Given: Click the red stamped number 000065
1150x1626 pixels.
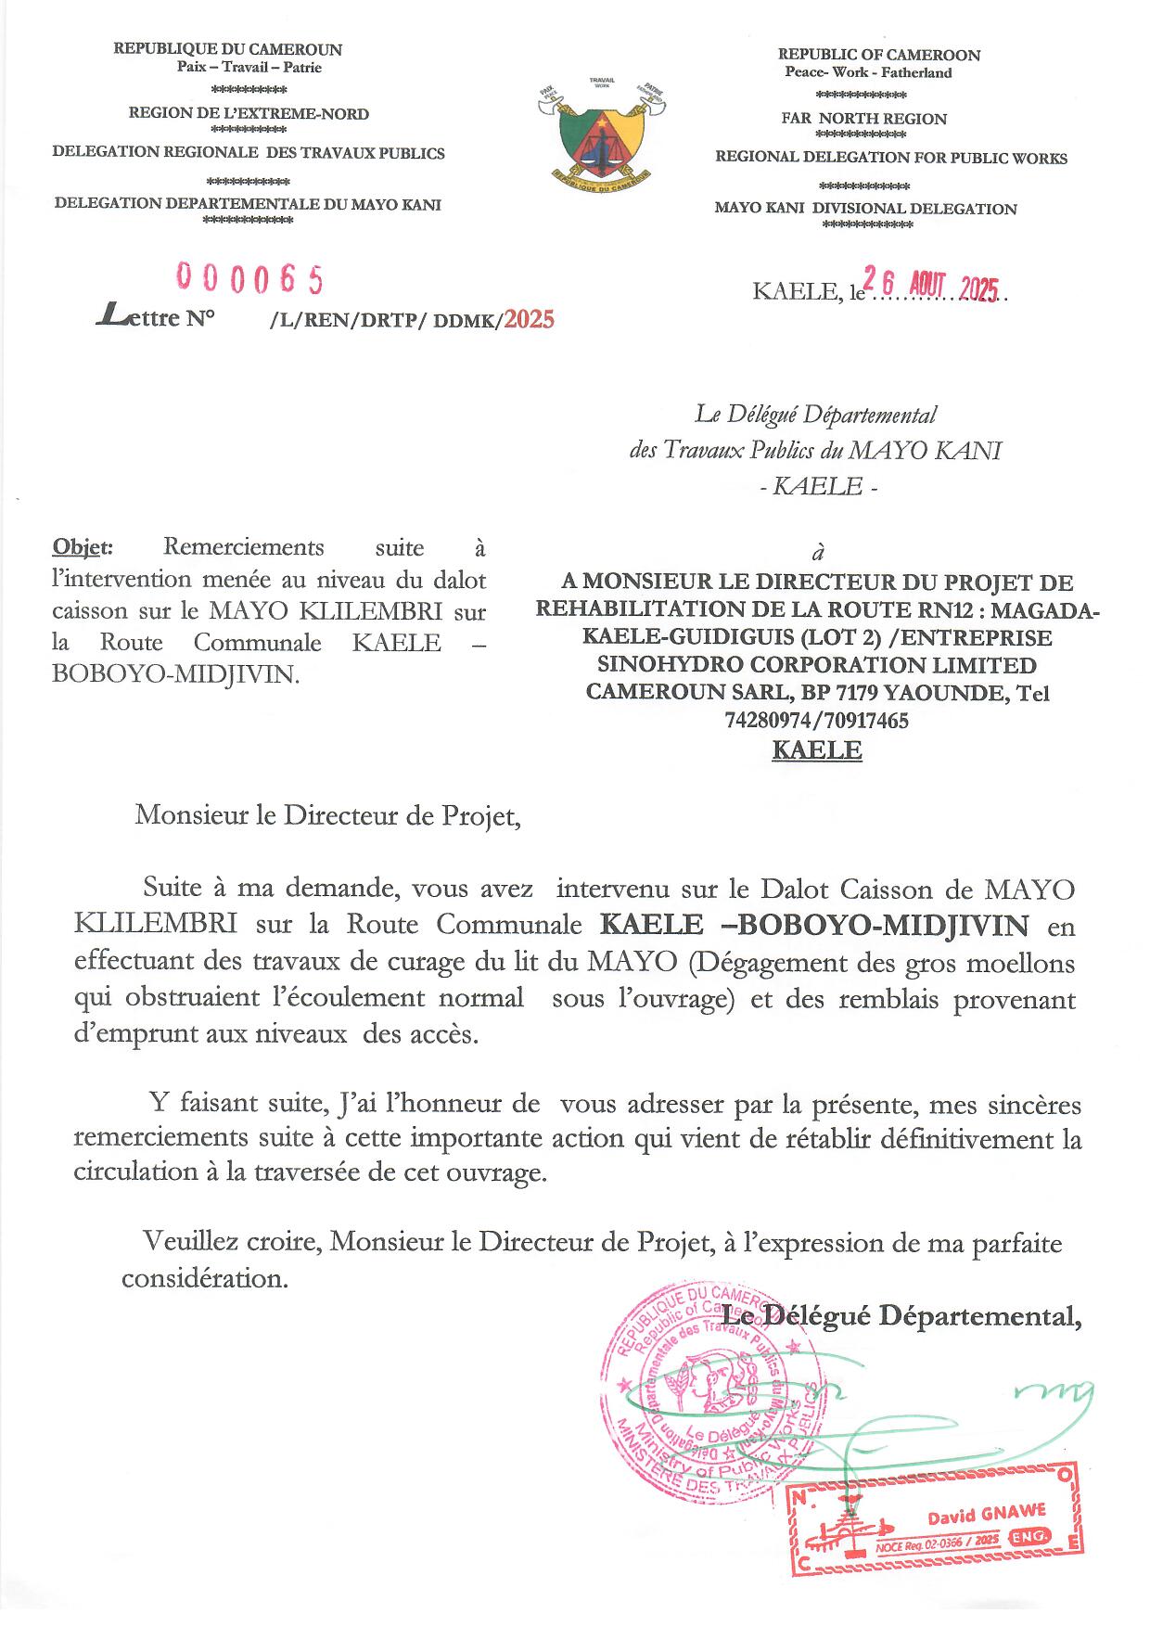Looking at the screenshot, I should pos(249,277).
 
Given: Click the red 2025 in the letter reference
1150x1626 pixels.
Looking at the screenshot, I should pos(529,319).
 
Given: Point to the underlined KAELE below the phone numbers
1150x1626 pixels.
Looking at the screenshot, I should pos(816,750).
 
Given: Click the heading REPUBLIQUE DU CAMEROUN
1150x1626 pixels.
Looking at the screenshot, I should pos(227,49).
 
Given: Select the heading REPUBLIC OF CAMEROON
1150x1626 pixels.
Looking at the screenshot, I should pos(878,55).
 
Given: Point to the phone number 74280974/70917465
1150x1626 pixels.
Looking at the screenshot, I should pos(809,720).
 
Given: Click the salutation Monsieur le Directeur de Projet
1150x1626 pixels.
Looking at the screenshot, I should pos(323,816).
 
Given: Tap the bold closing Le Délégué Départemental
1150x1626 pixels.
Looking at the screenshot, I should pos(901,1315).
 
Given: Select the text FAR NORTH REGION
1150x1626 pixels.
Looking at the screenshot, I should pos(863,119).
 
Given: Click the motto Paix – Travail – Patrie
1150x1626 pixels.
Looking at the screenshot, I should pos(249,67).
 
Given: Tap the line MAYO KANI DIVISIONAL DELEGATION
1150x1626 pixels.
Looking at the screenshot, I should pos(865,209).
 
